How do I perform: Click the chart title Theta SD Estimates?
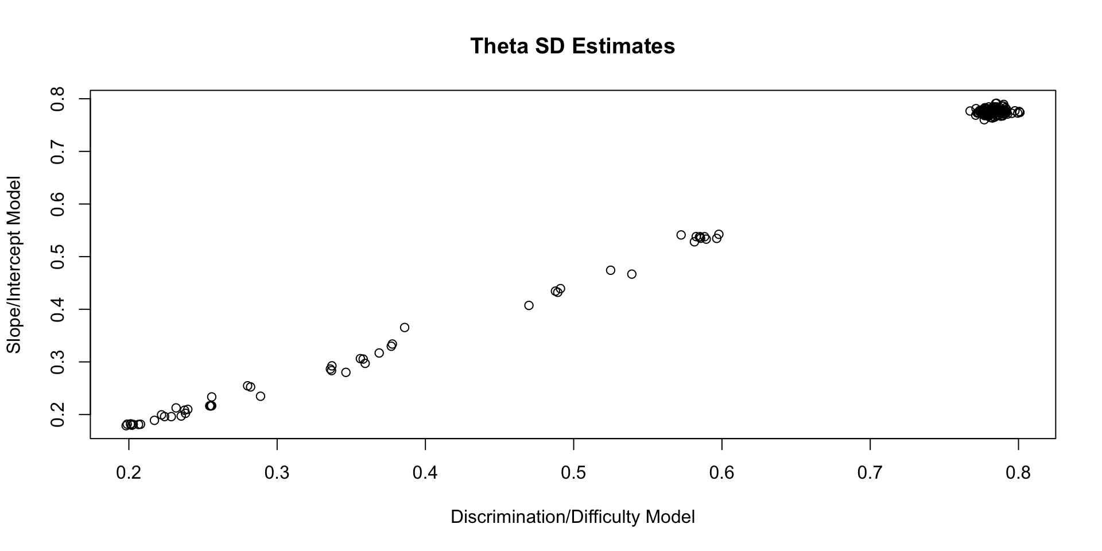[x=572, y=46]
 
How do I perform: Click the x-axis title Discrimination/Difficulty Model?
[x=572, y=517]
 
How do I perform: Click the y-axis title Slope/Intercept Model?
[x=14, y=265]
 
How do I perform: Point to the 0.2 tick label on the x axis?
[x=129, y=473]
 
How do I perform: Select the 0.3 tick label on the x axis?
[x=277, y=473]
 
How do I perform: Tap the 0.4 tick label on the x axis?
[x=425, y=473]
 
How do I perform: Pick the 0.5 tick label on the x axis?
[x=573, y=473]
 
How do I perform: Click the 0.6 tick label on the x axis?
[x=721, y=473]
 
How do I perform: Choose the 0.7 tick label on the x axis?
[x=870, y=473]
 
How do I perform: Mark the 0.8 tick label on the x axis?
[x=1018, y=473]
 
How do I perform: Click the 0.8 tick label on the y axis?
[x=57, y=99]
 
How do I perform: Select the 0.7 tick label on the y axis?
[x=57, y=152]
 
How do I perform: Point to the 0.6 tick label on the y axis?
[x=57, y=204]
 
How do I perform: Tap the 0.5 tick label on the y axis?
[x=57, y=257]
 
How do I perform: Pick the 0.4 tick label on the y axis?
[x=57, y=309]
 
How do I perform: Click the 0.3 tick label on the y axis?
[x=57, y=362]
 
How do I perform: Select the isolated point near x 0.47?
[x=529, y=305]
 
